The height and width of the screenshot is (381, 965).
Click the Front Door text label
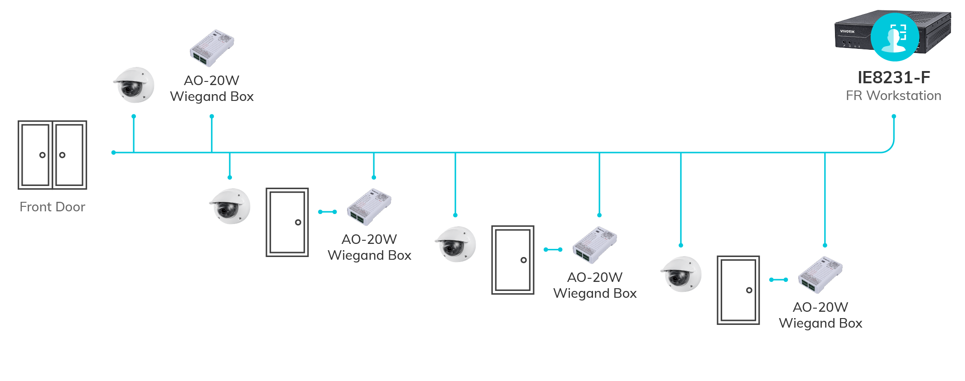(53, 207)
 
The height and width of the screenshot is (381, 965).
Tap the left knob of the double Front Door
(42, 155)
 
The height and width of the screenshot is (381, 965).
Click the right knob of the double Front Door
(63, 155)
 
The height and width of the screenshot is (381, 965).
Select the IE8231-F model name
(893, 78)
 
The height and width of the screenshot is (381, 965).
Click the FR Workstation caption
(893, 96)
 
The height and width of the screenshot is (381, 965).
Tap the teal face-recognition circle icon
(895, 37)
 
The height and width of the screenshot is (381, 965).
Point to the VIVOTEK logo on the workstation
(847, 32)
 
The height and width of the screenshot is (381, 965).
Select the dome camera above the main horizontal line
(134, 85)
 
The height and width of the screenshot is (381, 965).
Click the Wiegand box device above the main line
(212, 48)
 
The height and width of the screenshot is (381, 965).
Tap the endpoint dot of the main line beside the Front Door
(113, 152)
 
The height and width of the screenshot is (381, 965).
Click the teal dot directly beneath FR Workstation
(893, 116)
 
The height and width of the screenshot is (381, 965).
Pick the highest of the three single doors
(287, 222)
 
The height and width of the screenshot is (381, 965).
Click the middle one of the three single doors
(513, 260)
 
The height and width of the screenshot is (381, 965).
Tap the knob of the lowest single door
(749, 290)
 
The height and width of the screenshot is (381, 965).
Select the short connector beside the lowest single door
(778, 280)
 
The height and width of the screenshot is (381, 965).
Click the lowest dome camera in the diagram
(681, 274)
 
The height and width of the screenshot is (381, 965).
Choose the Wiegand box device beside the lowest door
(820, 275)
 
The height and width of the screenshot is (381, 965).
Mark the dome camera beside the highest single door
(230, 206)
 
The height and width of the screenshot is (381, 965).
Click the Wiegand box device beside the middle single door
(594, 245)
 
